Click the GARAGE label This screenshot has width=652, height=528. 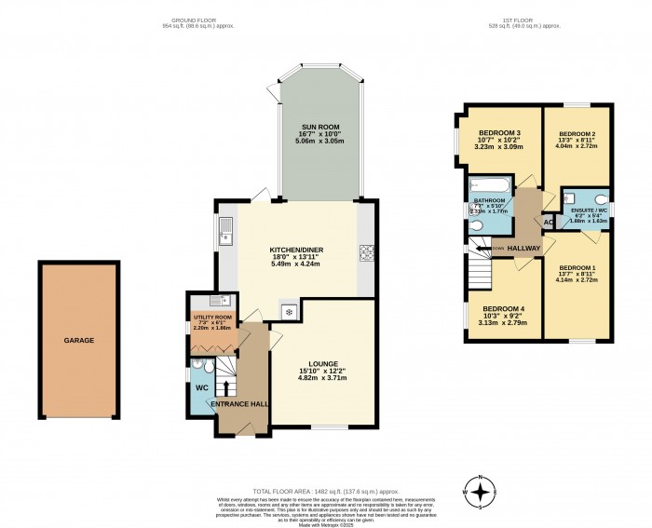pyautogui.click(x=78, y=341)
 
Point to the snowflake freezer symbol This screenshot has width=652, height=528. pyautogui.click(x=290, y=311)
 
